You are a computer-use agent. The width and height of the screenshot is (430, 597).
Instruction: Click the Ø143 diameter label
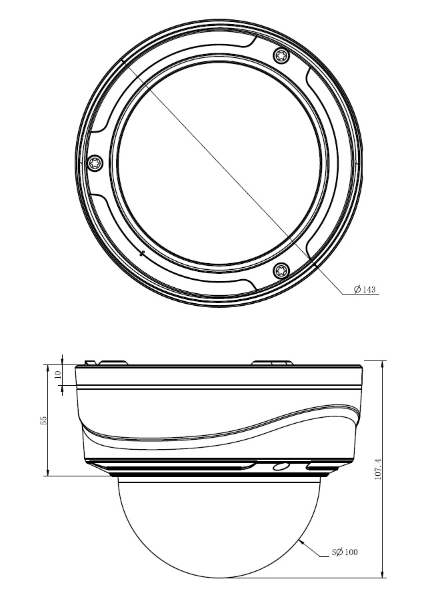[365, 289]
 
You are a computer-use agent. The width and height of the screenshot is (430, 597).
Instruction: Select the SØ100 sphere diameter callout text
[345, 551]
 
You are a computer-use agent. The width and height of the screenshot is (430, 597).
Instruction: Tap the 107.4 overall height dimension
[378, 468]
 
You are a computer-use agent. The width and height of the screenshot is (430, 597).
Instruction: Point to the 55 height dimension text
[44, 420]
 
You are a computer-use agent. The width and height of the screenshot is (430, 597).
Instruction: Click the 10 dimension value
[57, 374]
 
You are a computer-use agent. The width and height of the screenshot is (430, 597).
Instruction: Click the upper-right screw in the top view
[282, 56]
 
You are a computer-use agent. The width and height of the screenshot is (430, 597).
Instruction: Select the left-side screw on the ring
[95, 163]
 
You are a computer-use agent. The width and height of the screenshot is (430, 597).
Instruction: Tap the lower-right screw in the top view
[282, 271]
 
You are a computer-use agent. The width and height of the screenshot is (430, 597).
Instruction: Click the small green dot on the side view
[86, 364]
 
